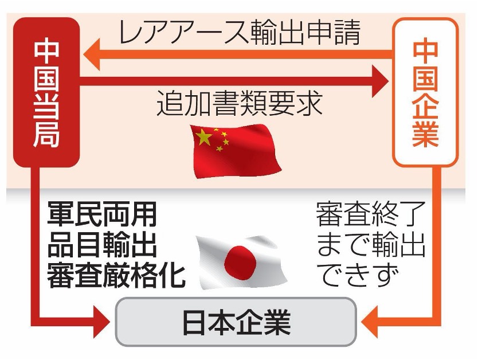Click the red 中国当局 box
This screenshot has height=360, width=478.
pyautogui.click(x=46, y=92)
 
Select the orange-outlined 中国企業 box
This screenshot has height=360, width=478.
pyautogui.click(x=425, y=92)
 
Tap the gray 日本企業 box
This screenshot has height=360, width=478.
pyautogui.click(x=236, y=323)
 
